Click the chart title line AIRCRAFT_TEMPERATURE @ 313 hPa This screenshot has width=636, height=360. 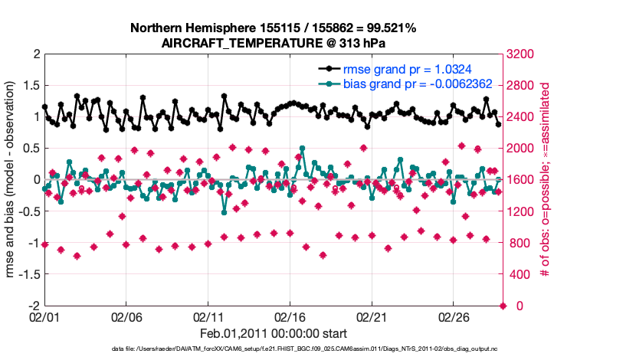point(273,44)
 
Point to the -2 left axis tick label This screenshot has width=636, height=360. point(31,306)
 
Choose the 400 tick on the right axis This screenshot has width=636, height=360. point(520,274)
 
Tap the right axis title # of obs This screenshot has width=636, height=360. point(546,180)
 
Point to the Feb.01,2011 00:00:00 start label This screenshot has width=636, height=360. point(273,334)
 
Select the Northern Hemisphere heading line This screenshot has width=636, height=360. point(273,28)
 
